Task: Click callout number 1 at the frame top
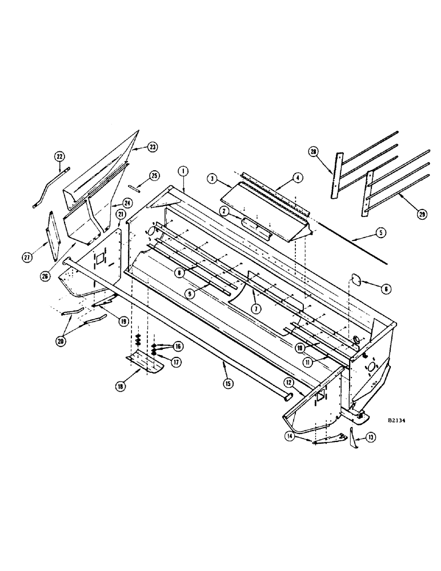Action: (x=183, y=171)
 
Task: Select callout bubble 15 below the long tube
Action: (x=228, y=384)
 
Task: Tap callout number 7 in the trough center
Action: (x=256, y=308)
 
